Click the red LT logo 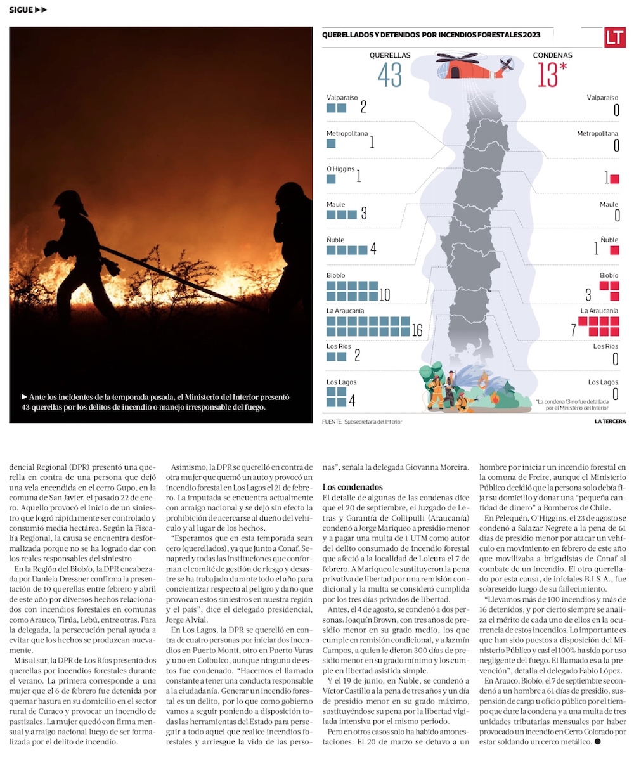(x=614, y=37)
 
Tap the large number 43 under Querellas (x=390, y=75)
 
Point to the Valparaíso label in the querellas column (x=343, y=98)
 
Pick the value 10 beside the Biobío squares (x=385, y=295)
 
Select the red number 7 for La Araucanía (x=573, y=330)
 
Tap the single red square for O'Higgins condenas (x=614, y=179)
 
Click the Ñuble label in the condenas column (x=609, y=240)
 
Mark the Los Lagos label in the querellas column (x=340, y=382)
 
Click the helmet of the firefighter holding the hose (x=69, y=202)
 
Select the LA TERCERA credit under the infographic (x=611, y=421)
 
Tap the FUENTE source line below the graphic (x=361, y=421)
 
